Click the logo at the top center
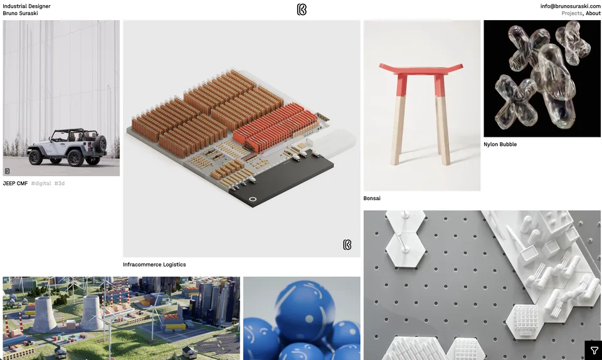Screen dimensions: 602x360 point(302,9)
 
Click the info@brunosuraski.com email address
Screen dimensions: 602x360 point(570,6)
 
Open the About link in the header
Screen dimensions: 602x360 point(593,13)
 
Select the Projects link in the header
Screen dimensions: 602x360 point(572,13)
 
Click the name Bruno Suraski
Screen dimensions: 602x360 point(20,13)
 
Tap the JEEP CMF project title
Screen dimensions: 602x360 point(15,184)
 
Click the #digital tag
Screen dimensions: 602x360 point(41,184)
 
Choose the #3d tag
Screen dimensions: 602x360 point(60,184)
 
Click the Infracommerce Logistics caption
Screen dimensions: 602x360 point(154,265)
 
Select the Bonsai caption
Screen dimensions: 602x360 point(372,198)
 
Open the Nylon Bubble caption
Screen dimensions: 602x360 point(500,144)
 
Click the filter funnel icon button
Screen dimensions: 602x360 point(594,351)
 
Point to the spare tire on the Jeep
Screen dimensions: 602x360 point(101,144)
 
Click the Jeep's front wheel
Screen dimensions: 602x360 point(35,157)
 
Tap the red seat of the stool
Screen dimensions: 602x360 point(421,69)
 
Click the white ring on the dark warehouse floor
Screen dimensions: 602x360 point(253,199)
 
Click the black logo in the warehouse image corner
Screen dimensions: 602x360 point(347,245)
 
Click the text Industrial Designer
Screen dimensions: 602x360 point(26,6)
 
